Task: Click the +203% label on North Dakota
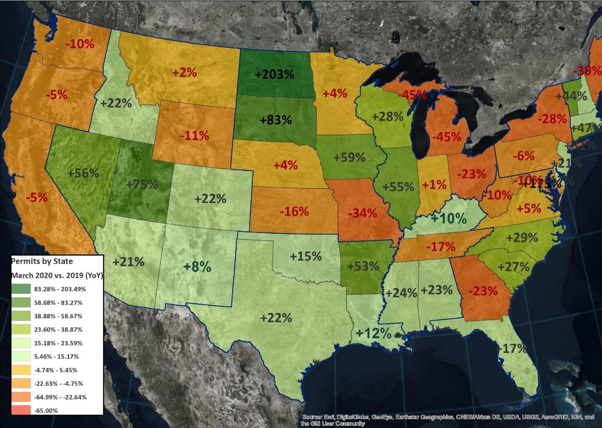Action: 275,74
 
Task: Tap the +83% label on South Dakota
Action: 276,120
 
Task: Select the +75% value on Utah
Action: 142,185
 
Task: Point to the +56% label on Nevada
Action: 83,173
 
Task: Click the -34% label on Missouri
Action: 362,213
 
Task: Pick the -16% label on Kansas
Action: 294,211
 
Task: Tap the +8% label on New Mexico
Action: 197,267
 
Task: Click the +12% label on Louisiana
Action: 373,333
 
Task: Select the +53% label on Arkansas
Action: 363,266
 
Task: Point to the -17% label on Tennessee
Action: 441,246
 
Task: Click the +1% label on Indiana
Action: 434,185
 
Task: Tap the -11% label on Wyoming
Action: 194,135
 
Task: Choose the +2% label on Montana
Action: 184,73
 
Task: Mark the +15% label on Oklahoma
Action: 306,256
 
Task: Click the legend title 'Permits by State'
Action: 42,261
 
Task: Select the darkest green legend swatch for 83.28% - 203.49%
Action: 21,289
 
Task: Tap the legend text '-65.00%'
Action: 46,411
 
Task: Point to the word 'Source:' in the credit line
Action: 312,417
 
